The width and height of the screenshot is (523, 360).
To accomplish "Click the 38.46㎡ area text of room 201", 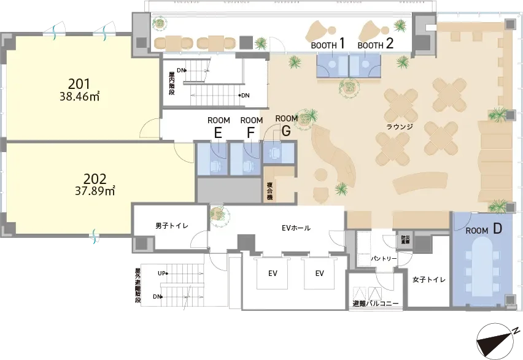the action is [x=80, y=97].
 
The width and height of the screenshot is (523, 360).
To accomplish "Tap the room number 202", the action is [x=95, y=179].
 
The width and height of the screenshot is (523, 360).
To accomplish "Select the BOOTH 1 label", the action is [x=328, y=44].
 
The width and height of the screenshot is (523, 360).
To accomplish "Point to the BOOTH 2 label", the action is [x=376, y=44].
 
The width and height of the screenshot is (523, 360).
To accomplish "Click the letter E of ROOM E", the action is [x=218, y=133].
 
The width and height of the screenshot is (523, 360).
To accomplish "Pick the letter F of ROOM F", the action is [x=251, y=133].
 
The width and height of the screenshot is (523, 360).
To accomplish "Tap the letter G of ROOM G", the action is [x=286, y=131].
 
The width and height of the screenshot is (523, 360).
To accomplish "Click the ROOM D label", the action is [x=484, y=229].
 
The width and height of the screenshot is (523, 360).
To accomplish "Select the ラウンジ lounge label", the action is [x=400, y=127].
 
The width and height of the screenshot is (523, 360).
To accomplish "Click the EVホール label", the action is [x=296, y=228].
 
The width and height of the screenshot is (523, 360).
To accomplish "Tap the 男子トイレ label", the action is [x=172, y=226].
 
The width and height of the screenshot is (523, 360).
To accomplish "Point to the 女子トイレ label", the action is [x=429, y=279].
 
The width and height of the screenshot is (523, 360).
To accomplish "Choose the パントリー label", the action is [x=384, y=258].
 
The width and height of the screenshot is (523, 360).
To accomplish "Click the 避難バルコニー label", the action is [x=376, y=304].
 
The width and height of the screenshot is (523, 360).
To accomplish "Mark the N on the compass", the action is [x=516, y=331].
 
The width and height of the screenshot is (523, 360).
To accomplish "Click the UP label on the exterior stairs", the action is [x=162, y=274].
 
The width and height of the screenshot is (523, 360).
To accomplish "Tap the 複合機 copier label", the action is [x=269, y=191].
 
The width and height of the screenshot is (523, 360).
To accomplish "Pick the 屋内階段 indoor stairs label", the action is [x=171, y=85].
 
